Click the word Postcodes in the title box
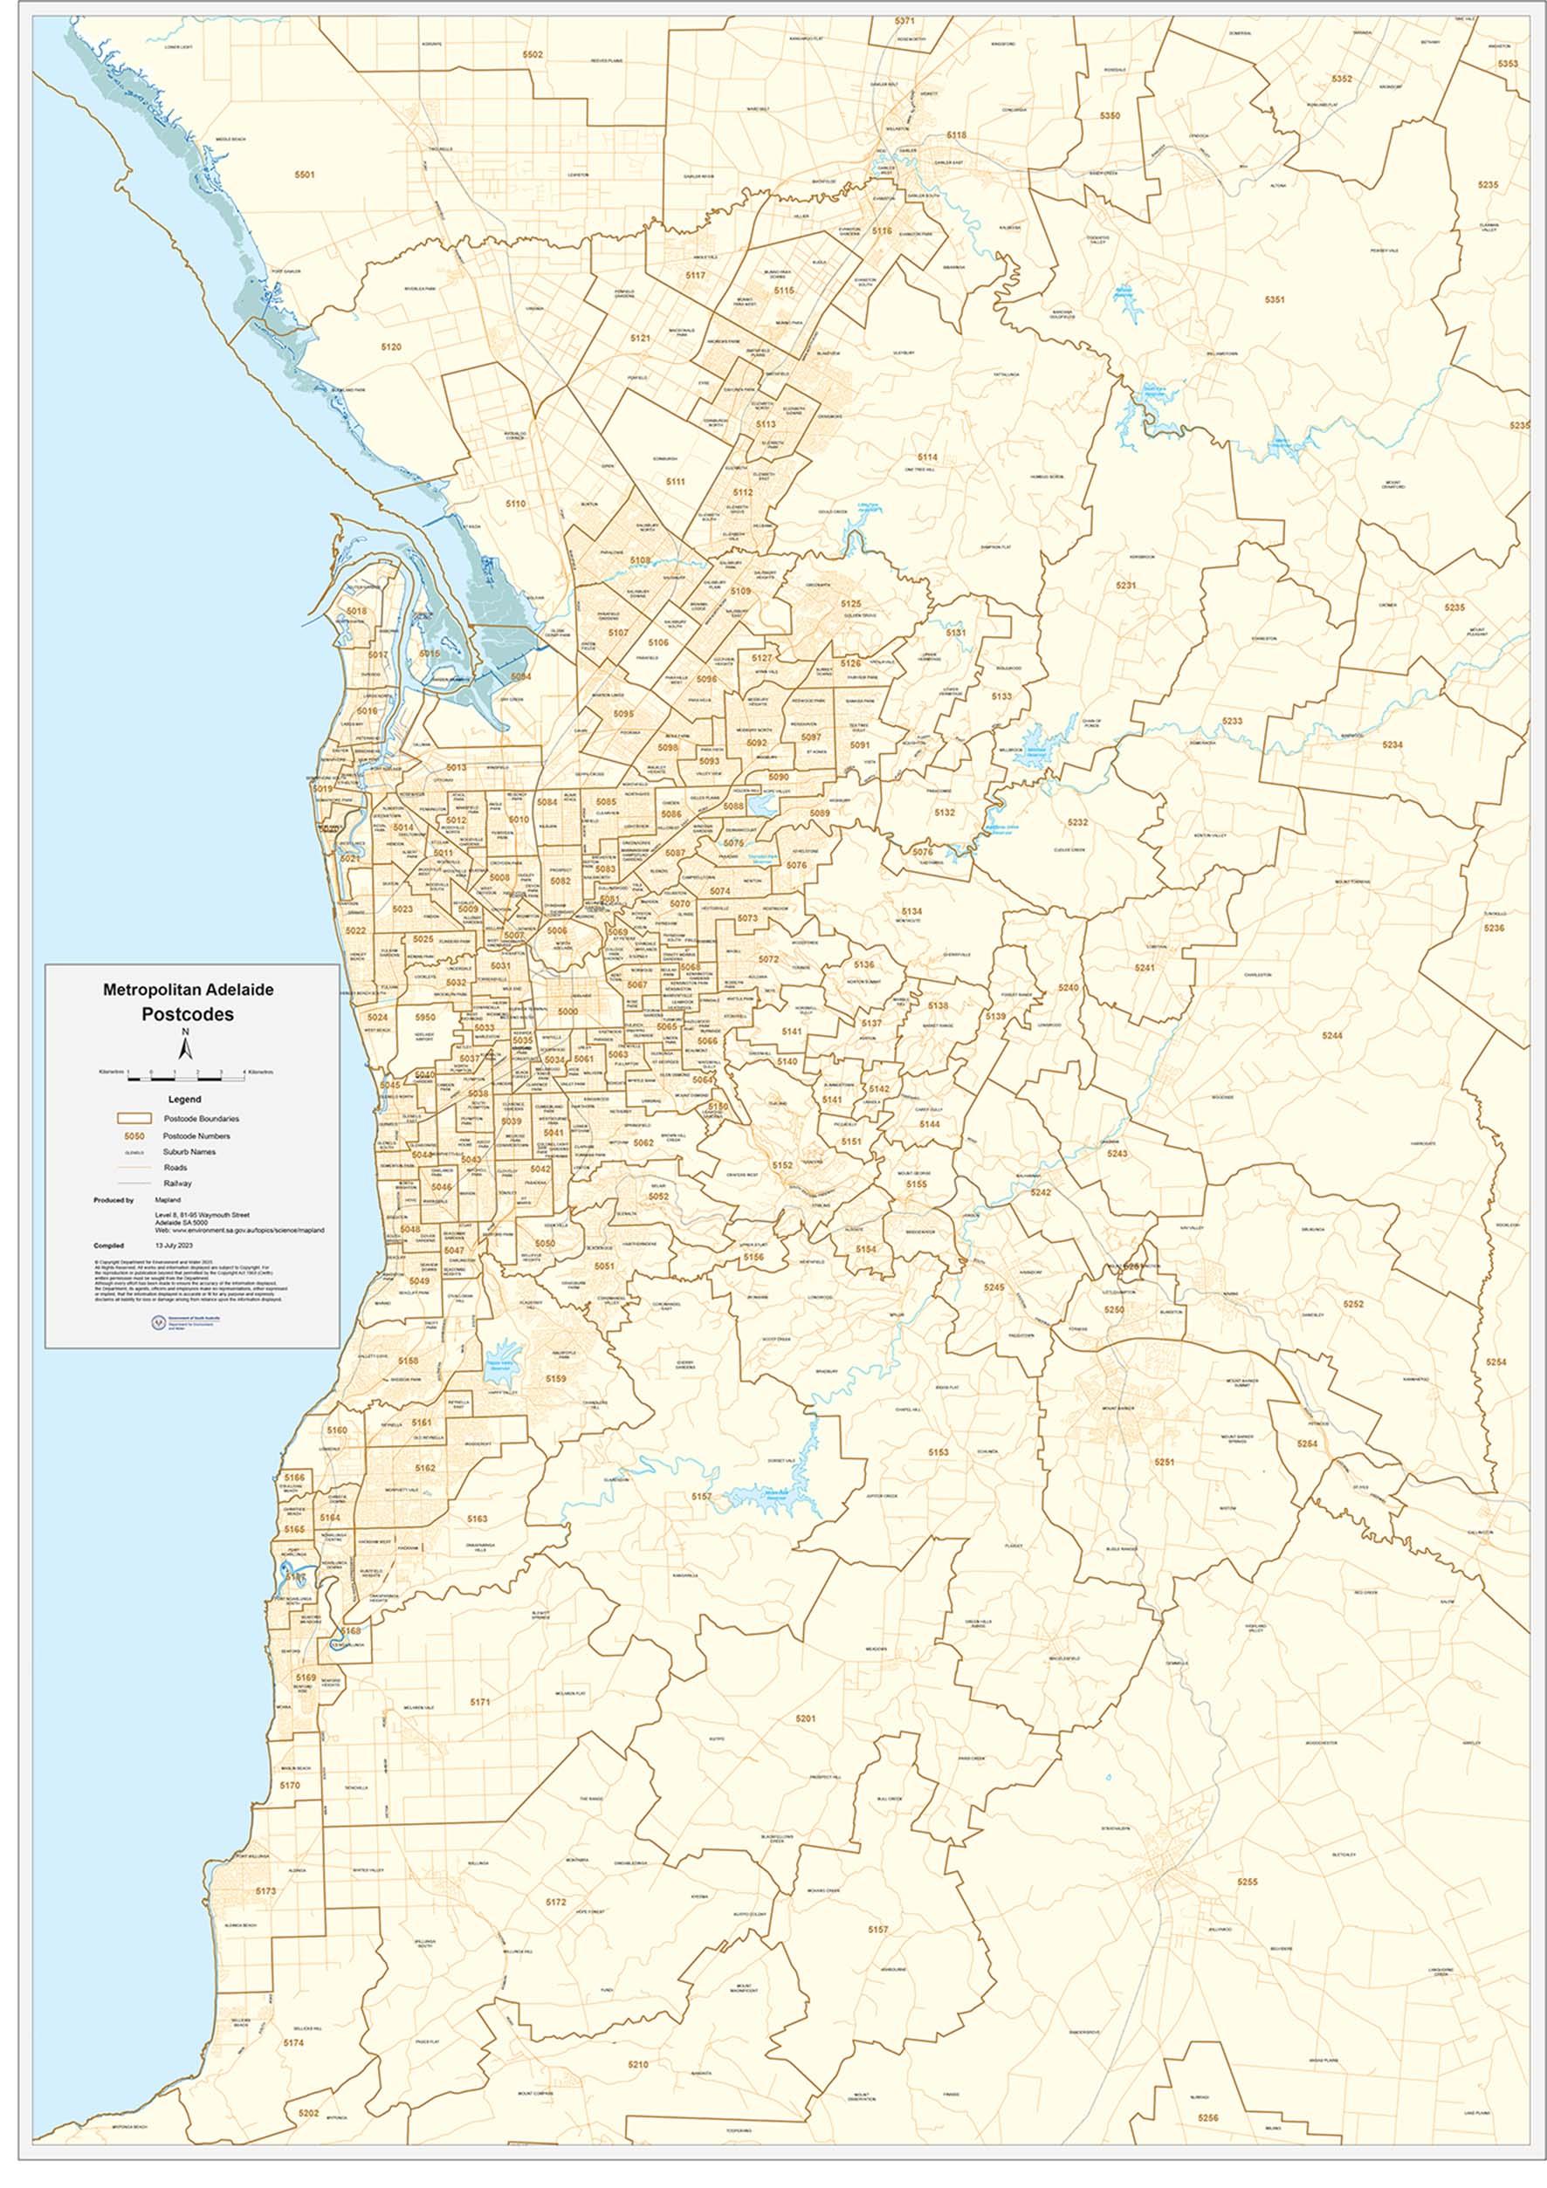[x=188, y=1014]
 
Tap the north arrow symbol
[x=188, y=1047]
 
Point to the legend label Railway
[x=177, y=1183]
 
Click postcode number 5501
[x=304, y=175]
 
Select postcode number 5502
[x=532, y=55]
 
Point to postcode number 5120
[x=391, y=348]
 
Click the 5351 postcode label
[x=1275, y=300]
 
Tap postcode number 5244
[x=1331, y=1035]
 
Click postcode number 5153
[x=938, y=1451]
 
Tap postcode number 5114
[x=926, y=457]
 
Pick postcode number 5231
[x=1125, y=585]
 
